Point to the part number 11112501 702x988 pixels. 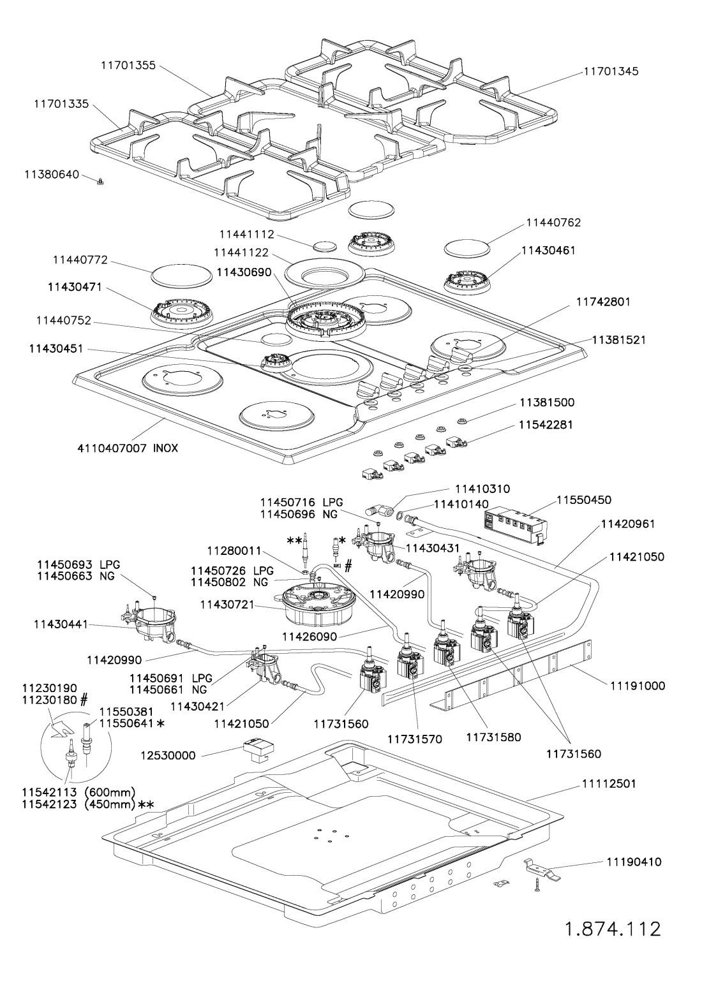pyautogui.click(x=611, y=783)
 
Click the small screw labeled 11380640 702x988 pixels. pyautogui.click(x=100, y=182)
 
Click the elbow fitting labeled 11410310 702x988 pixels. pyautogui.click(x=377, y=511)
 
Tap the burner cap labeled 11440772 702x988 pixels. pyautogui.click(x=182, y=276)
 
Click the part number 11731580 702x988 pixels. pyautogui.click(x=493, y=737)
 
